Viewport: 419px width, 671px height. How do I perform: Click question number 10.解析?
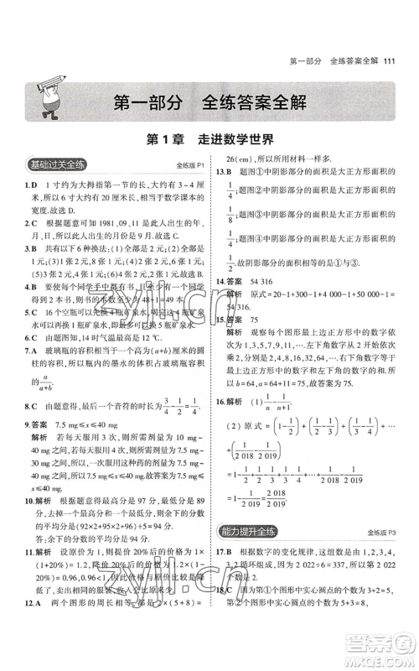[x=35, y=523]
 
